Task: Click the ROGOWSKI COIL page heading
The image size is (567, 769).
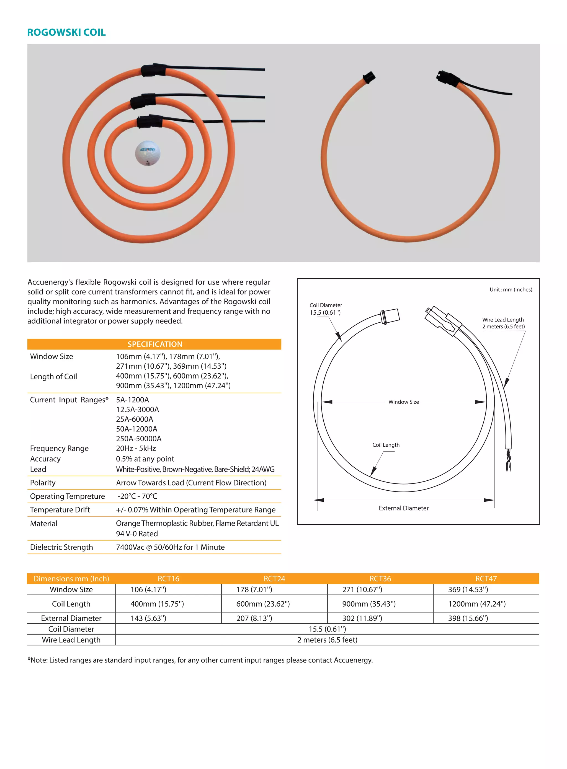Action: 66,32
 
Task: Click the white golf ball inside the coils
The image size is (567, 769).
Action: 148,153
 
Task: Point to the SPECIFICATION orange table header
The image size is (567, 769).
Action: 154,344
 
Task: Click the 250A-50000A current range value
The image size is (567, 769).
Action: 139,439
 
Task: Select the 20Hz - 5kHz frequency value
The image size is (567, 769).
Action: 136,448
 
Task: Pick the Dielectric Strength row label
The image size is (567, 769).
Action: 61,547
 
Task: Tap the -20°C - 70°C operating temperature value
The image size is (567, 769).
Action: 137,496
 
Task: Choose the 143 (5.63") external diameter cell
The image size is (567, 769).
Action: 148,618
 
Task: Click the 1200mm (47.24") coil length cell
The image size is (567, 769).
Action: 477,604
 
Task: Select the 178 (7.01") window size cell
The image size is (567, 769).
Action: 254,589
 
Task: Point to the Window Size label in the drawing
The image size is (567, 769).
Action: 404,402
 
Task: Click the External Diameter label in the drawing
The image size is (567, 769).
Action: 404,508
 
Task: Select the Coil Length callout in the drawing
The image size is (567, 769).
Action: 386,445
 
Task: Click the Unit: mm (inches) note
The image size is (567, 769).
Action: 511,289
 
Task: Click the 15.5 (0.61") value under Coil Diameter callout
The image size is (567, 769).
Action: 325,312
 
